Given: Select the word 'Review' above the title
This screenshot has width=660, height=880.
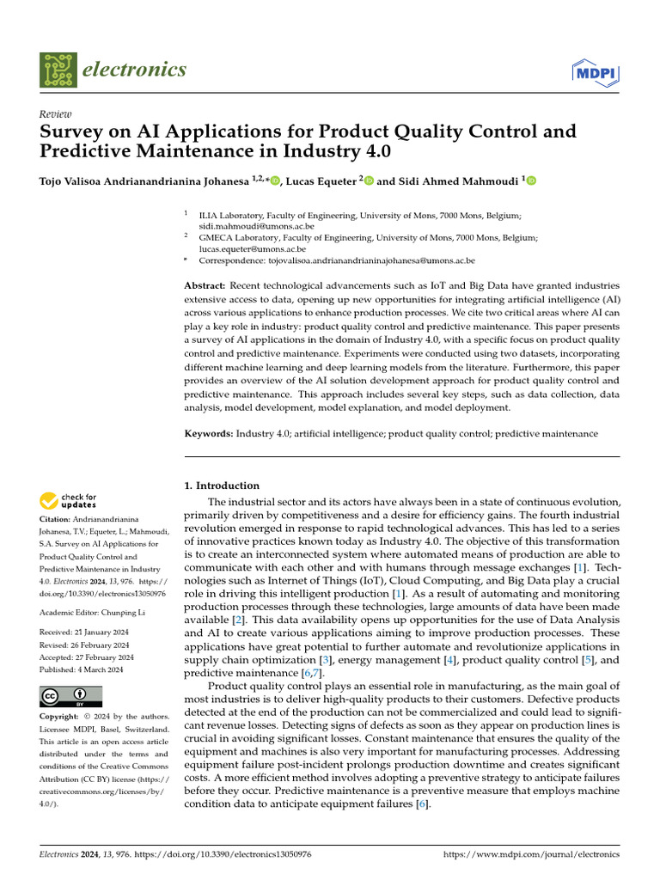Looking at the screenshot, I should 56,114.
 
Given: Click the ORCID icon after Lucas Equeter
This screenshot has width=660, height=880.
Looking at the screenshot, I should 370,180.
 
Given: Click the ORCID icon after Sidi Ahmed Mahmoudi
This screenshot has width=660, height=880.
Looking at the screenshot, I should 530,180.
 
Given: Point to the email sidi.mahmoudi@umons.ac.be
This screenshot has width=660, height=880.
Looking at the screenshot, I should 256,225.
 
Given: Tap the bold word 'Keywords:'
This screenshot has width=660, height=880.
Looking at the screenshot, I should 209,434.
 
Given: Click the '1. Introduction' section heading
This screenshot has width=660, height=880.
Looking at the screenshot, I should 223,486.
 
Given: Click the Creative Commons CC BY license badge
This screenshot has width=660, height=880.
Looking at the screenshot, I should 70,695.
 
